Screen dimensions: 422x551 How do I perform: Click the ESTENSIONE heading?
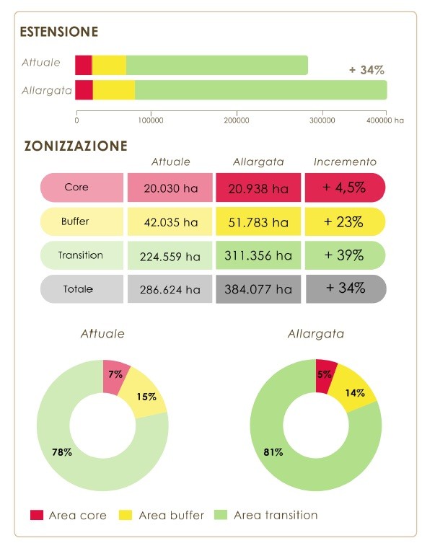tap(59, 32)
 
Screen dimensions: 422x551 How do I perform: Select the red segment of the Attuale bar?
tap(84, 65)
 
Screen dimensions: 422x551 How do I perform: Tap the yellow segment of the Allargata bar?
tap(114, 90)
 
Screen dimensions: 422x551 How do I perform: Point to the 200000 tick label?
tap(237, 120)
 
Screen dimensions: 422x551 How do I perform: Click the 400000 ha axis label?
tap(385, 120)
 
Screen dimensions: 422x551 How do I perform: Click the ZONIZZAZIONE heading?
tap(76, 146)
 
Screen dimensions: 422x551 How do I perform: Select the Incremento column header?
tap(345, 162)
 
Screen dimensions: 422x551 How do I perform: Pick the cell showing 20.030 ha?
tap(170, 188)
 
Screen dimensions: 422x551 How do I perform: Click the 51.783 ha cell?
tap(258, 221)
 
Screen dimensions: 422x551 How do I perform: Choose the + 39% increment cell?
tap(345, 255)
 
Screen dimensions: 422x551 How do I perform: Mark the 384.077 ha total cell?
tap(258, 289)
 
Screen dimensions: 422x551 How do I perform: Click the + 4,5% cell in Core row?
tap(345, 188)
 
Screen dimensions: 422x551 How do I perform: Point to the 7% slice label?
tap(115, 374)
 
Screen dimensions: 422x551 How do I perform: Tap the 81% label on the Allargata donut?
tap(273, 452)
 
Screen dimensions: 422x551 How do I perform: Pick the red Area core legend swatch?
tap(37, 515)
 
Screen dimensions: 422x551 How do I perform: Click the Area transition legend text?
tap(276, 515)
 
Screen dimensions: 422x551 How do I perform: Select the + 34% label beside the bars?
tap(367, 70)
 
